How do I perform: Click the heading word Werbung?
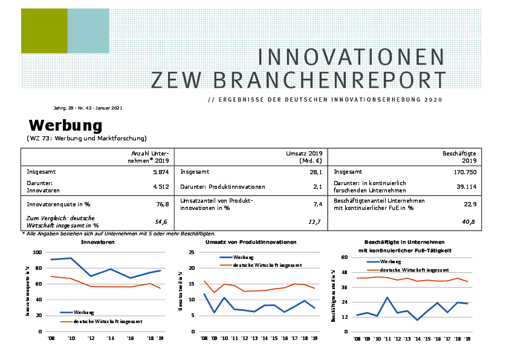pos(65,126)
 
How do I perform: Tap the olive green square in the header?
pos(44,31)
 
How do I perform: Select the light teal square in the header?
pos(88,31)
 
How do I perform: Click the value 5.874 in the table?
pos(160,172)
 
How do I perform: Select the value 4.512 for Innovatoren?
pos(160,187)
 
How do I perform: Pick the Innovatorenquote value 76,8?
pos(163,205)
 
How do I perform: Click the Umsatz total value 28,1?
pos(314,172)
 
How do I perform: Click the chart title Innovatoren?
pos(98,242)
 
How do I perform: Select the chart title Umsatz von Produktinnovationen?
pos(251,242)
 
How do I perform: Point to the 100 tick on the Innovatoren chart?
pos(37,252)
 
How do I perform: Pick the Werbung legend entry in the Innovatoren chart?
pos(84,312)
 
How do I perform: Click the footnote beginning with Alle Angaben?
pos(118,234)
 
